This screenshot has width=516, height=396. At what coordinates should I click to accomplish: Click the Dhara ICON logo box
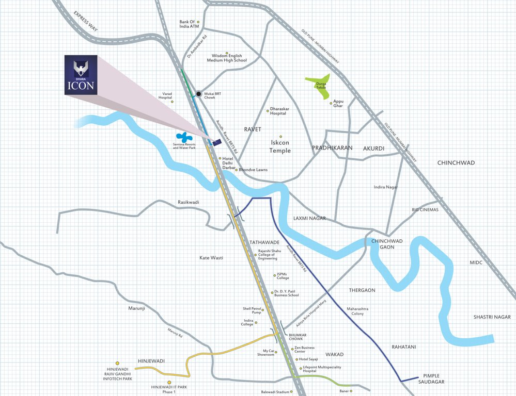[x=80, y=75]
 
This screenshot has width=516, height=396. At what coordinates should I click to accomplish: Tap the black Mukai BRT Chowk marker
[x=198, y=93]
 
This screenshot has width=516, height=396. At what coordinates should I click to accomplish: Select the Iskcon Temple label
[x=280, y=147]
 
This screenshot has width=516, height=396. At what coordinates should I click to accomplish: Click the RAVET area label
[x=253, y=129]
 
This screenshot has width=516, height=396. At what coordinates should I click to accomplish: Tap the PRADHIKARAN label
[x=332, y=148]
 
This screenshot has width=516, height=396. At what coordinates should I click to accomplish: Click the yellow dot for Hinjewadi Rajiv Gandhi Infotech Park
[x=118, y=363]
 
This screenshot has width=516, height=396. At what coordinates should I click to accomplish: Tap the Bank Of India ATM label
[x=189, y=24]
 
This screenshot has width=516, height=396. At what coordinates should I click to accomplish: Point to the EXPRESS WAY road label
[x=86, y=21]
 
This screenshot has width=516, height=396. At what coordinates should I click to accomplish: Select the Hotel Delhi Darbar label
[x=228, y=162]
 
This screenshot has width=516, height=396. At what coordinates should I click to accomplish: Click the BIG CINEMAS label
[x=425, y=210]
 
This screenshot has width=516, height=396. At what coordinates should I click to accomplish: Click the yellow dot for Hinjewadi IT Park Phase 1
[x=169, y=382]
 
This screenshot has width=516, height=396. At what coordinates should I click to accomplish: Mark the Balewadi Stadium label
[x=275, y=392]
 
